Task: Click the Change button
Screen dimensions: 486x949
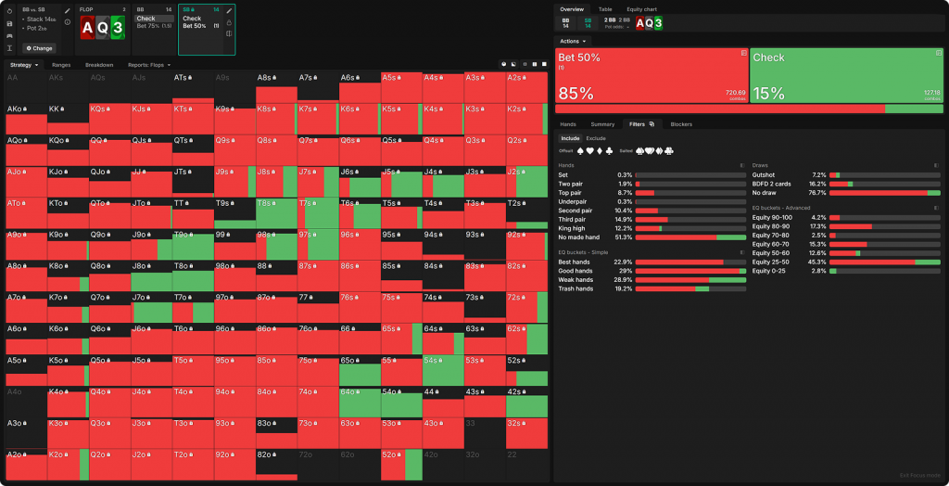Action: pos(40,47)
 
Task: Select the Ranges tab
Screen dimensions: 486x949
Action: pos(61,65)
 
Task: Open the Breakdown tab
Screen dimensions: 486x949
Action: pos(99,65)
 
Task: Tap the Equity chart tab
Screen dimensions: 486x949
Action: pos(641,8)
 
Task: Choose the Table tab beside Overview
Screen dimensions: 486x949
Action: pos(604,8)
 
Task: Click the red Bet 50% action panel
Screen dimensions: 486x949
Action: pos(651,76)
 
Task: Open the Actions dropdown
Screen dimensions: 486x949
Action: pos(573,42)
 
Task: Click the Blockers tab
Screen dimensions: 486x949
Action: pos(681,123)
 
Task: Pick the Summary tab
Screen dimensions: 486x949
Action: pos(602,123)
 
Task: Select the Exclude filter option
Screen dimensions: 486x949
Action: pos(596,138)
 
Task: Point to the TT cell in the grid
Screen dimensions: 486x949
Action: pos(191,212)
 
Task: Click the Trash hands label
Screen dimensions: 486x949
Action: pos(576,288)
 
